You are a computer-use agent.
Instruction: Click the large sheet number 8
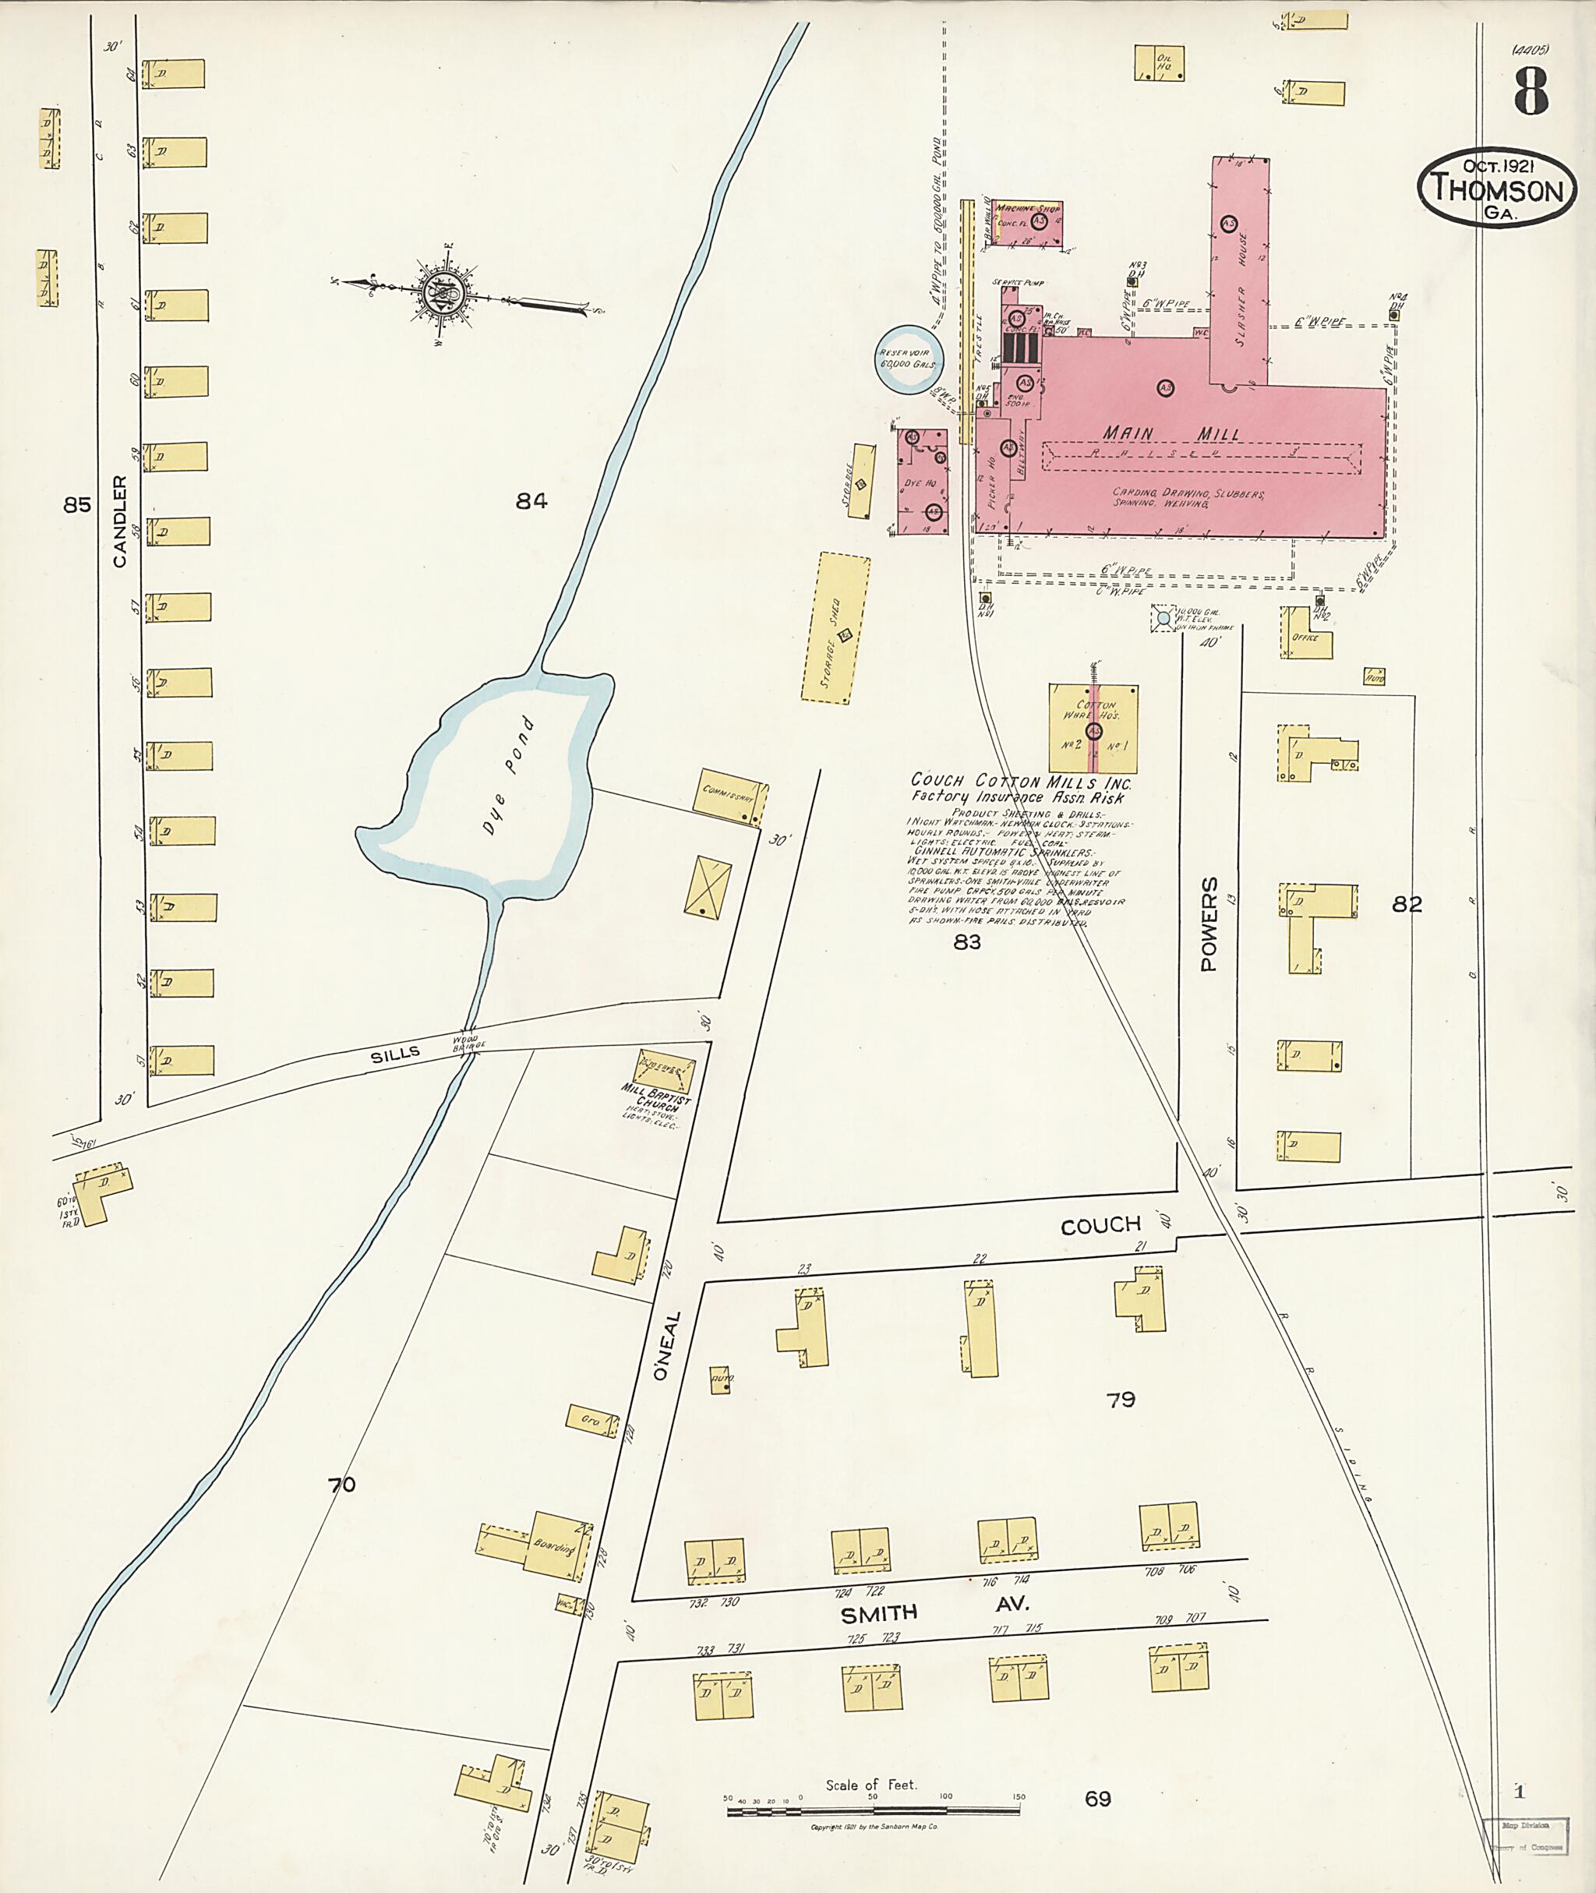1531,91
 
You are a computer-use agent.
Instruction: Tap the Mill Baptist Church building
666,1072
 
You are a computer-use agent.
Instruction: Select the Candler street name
119,522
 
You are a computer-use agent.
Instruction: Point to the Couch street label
1100,1226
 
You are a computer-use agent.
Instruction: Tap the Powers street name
1209,923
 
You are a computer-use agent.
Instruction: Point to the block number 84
531,500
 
